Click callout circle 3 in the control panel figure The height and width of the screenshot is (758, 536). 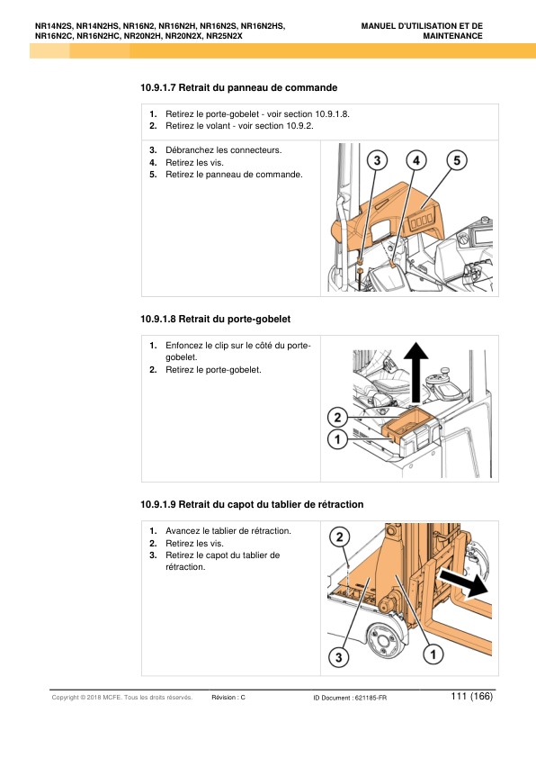pos(377,160)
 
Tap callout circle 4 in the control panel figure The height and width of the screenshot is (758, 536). pos(416,160)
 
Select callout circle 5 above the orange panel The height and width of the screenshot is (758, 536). pos(457,160)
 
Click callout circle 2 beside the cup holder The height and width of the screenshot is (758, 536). pos(337,417)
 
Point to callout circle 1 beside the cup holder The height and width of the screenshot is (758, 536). pos(337,439)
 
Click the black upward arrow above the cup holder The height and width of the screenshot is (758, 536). pos(416,372)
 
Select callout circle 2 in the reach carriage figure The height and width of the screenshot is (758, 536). pos(339,537)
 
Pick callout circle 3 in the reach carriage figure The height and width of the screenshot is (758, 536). pos(338,657)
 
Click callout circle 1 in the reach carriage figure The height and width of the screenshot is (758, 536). pos(433,654)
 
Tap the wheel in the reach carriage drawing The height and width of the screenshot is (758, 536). pos(384,642)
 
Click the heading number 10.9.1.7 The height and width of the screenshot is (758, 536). pos(158,88)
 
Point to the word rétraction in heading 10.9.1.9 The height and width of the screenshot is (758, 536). pos(341,504)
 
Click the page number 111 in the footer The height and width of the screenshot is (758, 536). pos(459,696)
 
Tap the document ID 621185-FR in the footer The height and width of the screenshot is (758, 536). pos(371,698)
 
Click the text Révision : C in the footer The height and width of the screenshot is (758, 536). pos(228,697)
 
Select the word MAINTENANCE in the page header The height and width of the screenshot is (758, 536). pos(453,36)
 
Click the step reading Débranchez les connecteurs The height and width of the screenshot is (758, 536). pos(224,149)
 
